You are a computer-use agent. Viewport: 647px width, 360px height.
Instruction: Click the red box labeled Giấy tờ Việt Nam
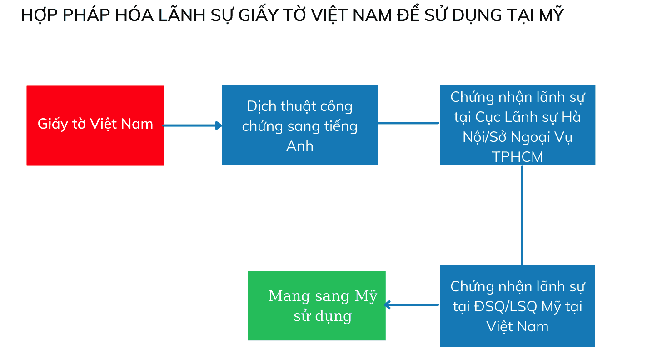pos(95,126)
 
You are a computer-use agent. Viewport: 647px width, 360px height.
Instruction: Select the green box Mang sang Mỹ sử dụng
pos(317,306)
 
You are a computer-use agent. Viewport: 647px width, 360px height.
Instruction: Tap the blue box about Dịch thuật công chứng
pos(300,125)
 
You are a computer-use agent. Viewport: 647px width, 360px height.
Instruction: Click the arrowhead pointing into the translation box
pos(219,126)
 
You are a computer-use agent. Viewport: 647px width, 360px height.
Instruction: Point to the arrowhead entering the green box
pos(387,305)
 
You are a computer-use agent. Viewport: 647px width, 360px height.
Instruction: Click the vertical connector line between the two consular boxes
pos(522,215)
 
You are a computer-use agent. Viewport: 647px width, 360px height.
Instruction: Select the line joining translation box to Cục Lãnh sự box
pos(408,123)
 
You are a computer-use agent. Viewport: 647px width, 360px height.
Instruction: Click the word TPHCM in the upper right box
pos(518,157)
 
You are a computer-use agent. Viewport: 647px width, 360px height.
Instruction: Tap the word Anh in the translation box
pos(300,146)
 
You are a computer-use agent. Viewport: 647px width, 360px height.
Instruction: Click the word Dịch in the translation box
pos(262,106)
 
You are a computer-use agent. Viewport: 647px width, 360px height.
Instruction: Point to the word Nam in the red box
pos(137,124)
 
